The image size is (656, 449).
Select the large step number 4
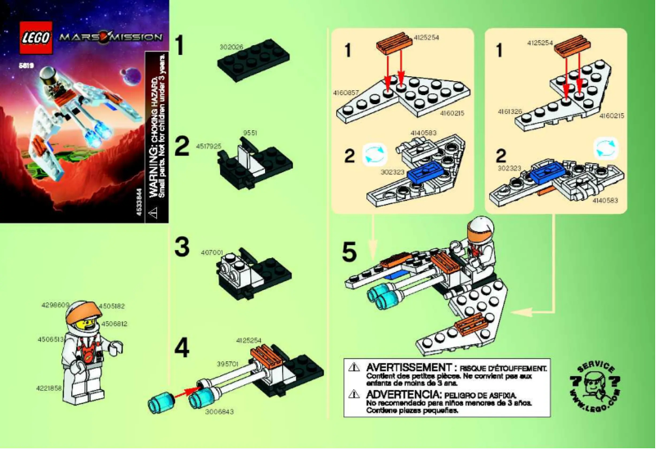[x=182, y=347]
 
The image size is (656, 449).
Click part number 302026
[x=231, y=49]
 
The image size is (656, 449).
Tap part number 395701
[x=227, y=363]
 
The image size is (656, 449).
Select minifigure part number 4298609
[x=53, y=305]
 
